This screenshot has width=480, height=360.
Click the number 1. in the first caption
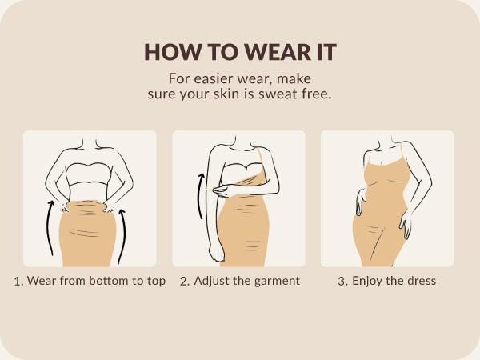coord(19,282)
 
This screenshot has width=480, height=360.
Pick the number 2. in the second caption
coord(184,282)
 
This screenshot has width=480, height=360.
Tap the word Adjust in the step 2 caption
coord(212,282)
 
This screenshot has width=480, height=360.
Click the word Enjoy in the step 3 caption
coord(367,282)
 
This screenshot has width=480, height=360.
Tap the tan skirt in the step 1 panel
coord(88,236)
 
